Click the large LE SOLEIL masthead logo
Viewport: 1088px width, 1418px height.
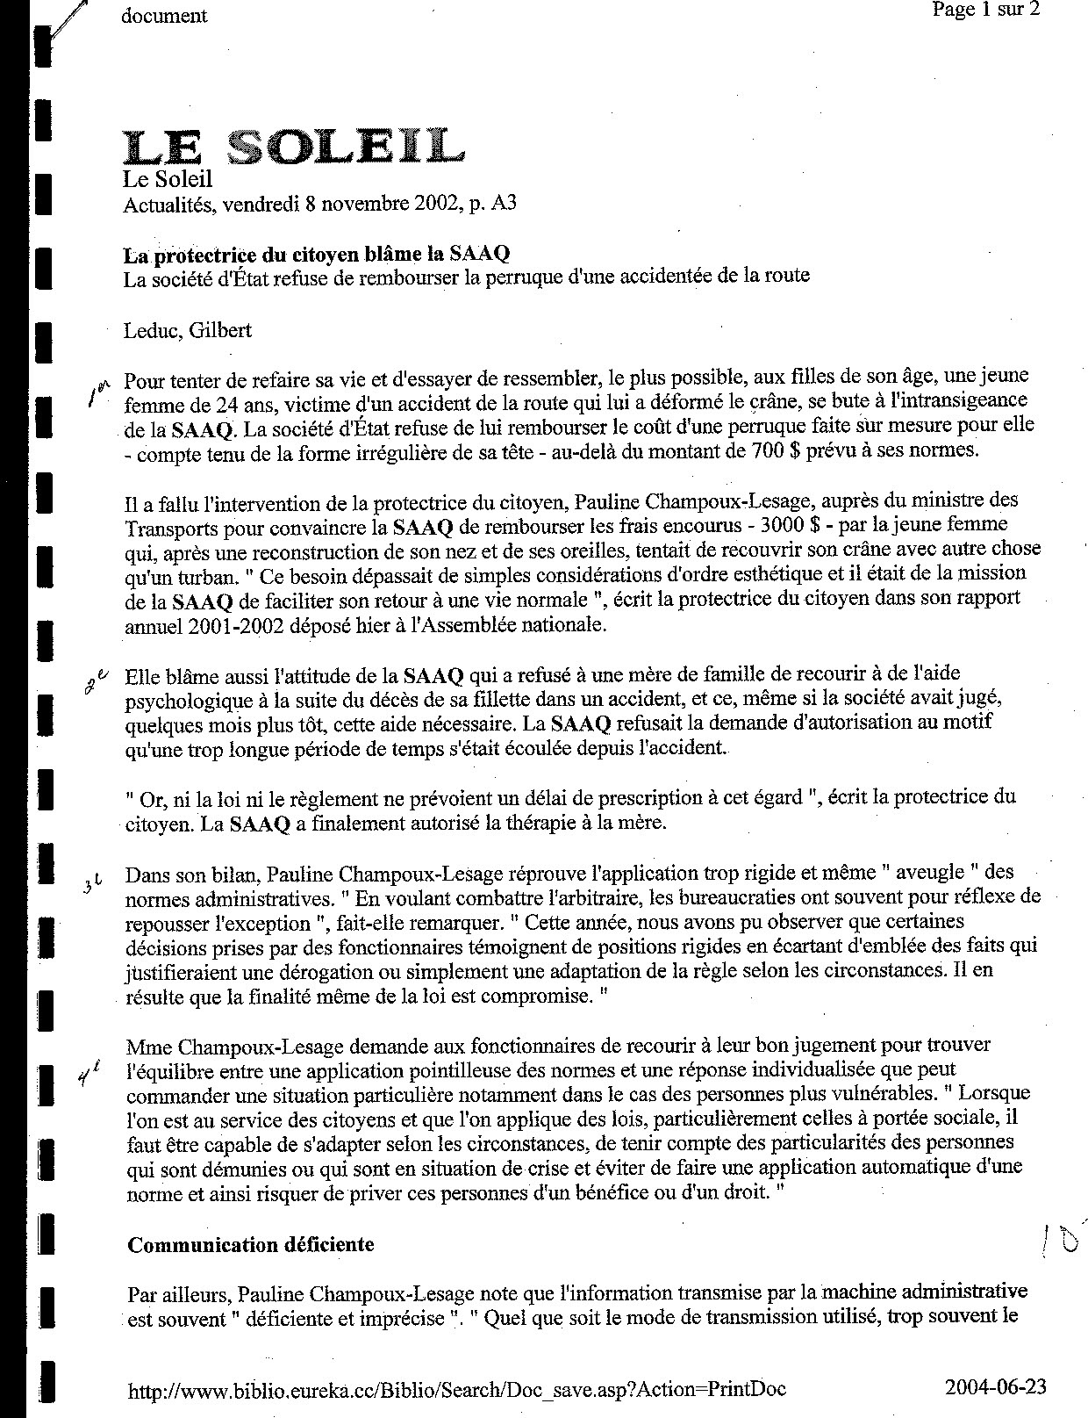coord(293,147)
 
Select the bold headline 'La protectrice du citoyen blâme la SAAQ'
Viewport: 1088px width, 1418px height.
coord(317,255)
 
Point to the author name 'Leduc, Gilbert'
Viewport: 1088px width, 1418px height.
coord(188,330)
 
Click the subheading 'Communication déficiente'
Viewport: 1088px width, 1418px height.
coord(251,1244)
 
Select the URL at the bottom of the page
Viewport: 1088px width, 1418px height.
coord(456,1388)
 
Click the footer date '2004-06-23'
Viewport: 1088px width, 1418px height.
coord(995,1386)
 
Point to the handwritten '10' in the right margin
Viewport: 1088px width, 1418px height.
coord(1059,1241)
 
